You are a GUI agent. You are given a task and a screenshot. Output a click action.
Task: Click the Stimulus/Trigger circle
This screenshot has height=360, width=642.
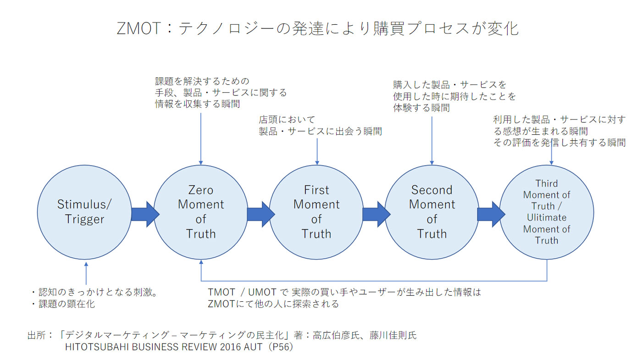(84, 212)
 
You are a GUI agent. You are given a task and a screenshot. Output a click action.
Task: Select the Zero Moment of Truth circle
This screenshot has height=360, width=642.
(201, 212)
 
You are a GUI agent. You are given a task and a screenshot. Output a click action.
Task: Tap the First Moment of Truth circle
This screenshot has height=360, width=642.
(316, 212)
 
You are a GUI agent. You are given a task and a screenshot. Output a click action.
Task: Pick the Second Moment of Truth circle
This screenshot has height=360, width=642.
(432, 212)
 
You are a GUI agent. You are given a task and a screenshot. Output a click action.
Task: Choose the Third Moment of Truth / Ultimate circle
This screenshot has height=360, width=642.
(547, 212)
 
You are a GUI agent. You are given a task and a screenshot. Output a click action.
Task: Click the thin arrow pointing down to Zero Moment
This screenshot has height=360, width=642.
(201, 138)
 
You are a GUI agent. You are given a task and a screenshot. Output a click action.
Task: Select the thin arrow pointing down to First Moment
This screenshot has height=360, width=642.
(317, 150)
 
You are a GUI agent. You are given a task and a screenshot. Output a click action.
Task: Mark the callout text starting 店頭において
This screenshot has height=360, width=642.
(288, 120)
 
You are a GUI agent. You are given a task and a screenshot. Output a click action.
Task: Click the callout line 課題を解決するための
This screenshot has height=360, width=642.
(202, 82)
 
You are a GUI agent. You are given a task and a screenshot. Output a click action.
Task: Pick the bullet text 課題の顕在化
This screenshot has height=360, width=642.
(66, 304)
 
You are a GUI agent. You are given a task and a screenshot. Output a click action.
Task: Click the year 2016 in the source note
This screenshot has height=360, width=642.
(208, 347)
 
